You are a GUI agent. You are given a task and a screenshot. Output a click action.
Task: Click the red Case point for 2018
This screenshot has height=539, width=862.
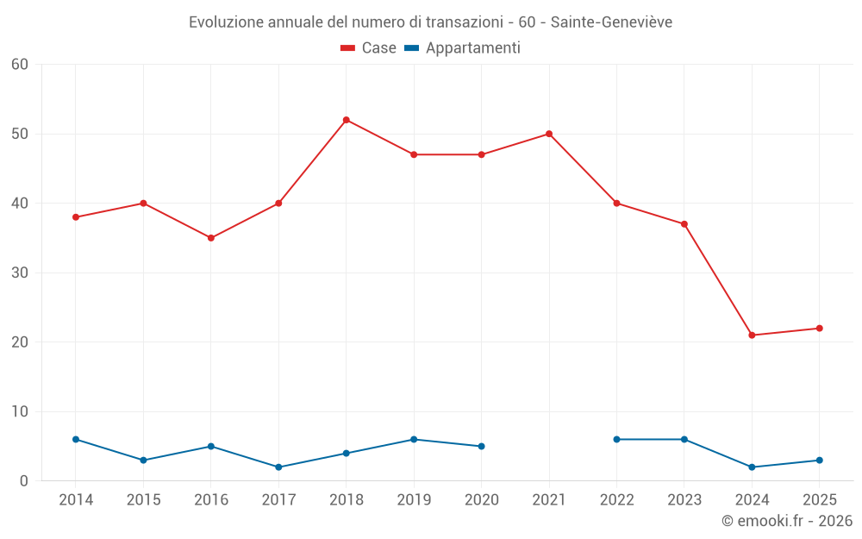click(x=347, y=120)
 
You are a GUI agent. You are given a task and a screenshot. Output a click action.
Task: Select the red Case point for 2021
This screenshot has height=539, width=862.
click(x=549, y=134)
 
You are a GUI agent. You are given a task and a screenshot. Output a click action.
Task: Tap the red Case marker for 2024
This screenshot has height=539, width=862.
click(x=752, y=335)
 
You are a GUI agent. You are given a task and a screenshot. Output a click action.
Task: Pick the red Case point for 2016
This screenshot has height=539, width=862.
click(x=211, y=238)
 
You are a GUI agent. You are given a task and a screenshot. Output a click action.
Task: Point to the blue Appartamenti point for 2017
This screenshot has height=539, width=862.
click(x=278, y=467)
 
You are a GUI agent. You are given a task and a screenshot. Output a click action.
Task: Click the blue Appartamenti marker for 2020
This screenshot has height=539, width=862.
click(x=481, y=447)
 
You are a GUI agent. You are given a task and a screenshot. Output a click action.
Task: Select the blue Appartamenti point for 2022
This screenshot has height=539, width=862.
click(x=616, y=440)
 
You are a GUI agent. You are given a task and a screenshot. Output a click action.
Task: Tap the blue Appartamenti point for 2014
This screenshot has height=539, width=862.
click(x=76, y=440)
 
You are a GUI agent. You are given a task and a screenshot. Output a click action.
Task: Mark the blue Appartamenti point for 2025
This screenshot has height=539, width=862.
click(x=819, y=461)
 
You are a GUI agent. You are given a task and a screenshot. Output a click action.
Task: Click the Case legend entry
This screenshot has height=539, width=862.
click(x=369, y=48)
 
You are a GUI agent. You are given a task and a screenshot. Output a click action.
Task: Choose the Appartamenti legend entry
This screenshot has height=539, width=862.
click(x=463, y=48)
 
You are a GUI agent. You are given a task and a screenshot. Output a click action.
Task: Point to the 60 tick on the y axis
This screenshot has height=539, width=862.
click(x=20, y=65)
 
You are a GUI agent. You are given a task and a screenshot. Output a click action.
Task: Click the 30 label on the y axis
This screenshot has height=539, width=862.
click(x=20, y=273)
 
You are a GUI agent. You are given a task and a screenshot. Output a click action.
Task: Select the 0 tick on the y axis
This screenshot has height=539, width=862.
click(x=24, y=481)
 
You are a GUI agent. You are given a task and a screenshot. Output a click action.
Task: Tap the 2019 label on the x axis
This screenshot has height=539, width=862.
click(x=414, y=500)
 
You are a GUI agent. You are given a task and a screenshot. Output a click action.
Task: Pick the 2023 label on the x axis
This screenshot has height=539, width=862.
click(x=684, y=500)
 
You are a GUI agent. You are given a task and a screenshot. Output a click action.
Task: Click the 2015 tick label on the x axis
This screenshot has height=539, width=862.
click(x=143, y=500)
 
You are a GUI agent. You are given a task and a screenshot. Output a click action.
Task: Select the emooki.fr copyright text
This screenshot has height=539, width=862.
click(x=786, y=521)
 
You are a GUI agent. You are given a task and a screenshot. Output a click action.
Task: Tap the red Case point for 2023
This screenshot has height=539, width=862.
click(x=684, y=224)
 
